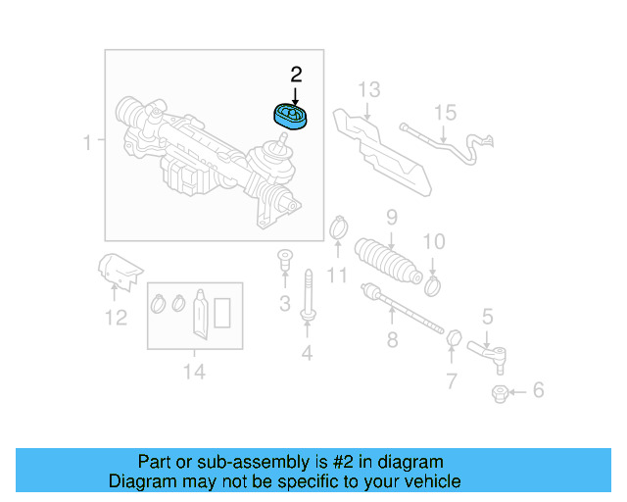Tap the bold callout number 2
point(296,74)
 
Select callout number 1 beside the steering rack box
point(87,143)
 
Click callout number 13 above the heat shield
point(367,90)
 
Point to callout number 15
point(445,113)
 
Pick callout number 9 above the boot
point(390,217)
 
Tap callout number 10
point(433,241)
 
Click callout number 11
point(337,276)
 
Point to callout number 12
point(116,317)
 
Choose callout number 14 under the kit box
point(194,371)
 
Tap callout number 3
point(284,304)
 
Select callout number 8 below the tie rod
point(392,340)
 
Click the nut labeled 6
point(498,393)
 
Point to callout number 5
point(487,316)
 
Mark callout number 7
point(451,380)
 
